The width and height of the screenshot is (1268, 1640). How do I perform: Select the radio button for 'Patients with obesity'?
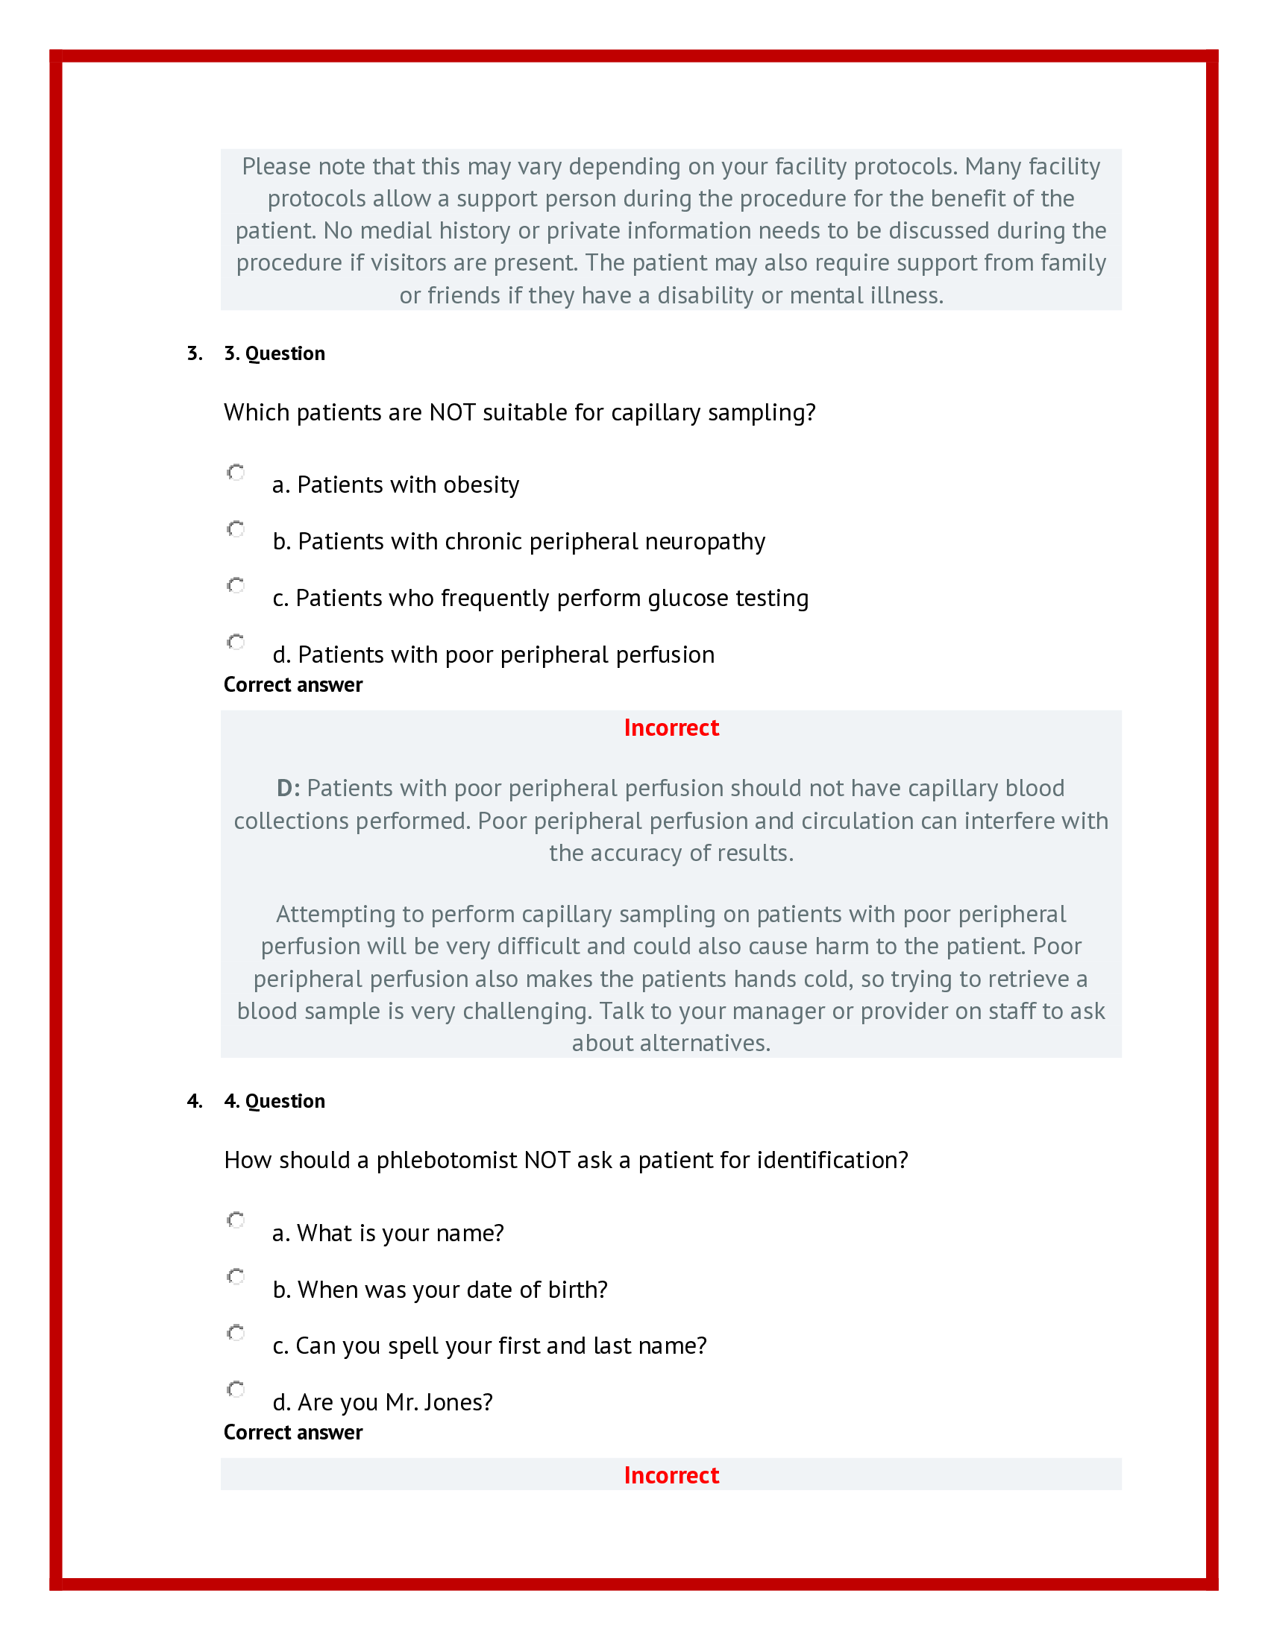click(x=236, y=473)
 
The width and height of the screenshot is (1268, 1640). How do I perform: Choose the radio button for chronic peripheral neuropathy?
click(x=236, y=529)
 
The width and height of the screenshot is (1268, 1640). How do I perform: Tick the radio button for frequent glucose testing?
click(x=236, y=586)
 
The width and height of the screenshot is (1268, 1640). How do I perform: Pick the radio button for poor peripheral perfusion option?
click(x=236, y=642)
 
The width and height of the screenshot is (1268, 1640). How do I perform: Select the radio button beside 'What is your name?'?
click(x=236, y=1220)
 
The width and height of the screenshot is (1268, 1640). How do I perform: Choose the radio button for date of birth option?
click(x=236, y=1276)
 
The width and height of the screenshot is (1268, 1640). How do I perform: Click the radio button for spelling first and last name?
click(x=236, y=1333)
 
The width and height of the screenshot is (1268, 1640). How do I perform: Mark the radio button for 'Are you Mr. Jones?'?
click(x=236, y=1390)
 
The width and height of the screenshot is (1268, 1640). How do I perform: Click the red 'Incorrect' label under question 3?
click(x=671, y=728)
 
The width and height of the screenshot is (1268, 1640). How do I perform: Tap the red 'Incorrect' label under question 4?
click(x=671, y=1475)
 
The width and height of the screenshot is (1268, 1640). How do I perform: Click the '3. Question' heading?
click(x=274, y=353)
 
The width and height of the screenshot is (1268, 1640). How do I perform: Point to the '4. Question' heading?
click(x=274, y=1102)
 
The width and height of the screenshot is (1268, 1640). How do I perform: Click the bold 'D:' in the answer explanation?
click(x=289, y=789)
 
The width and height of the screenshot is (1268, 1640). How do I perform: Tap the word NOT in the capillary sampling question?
click(x=452, y=413)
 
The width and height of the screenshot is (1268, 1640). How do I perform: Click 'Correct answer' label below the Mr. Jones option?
click(x=293, y=1433)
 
